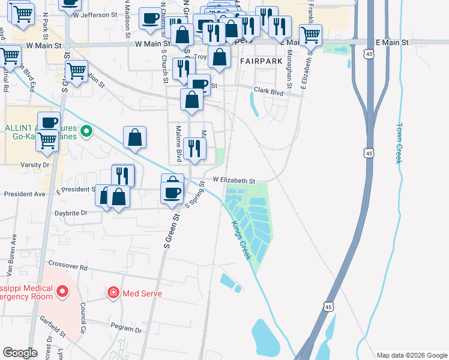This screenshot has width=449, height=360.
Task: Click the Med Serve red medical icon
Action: [113, 293]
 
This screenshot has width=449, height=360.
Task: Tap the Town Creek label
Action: [399, 143]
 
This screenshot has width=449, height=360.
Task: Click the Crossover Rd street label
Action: [68, 266]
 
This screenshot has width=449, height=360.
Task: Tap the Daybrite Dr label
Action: [71, 212]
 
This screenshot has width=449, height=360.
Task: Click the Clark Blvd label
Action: [268, 91]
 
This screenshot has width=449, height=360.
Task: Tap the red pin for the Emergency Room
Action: [61, 292]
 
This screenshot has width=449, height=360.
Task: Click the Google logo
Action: [20, 353]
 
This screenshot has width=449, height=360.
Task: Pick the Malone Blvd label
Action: [178, 143]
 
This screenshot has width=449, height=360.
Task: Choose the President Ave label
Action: [25, 194]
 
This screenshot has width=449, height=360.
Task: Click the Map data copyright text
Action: [411, 355]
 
